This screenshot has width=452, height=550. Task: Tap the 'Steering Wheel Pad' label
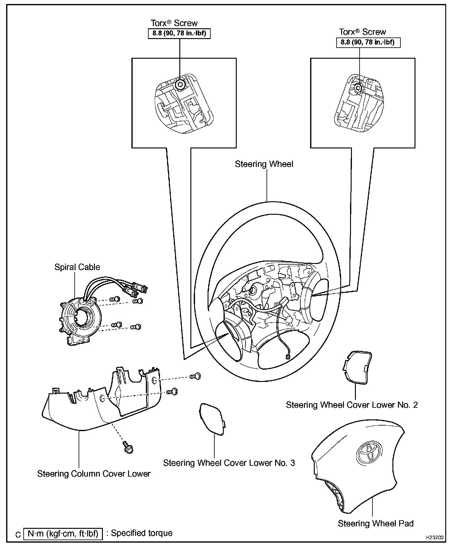click(x=376, y=523)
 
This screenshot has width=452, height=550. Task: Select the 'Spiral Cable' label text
click(x=77, y=267)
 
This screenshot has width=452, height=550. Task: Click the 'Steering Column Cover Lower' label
click(x=94, y=473)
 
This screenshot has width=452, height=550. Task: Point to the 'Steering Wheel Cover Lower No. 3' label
click(x=229, y=463)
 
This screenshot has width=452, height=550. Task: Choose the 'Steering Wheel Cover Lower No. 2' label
click(x=352, y=405)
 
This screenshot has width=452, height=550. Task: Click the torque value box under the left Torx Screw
click(x=179, y=33)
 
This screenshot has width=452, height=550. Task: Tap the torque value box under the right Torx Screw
click(x=368, y=42)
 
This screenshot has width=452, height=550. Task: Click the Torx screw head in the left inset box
click(x=179, y=85)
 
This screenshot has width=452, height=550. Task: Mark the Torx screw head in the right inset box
click(x=358, y=88)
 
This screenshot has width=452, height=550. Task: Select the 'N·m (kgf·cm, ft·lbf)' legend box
click(x=63, y=534)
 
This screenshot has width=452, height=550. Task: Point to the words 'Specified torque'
click(x=142, y=533)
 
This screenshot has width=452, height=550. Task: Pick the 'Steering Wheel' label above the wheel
click(x=264, y=164)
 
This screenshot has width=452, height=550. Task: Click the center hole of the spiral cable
click(x=82, y=318)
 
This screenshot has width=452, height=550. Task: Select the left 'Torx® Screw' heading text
click(x=174, y=23)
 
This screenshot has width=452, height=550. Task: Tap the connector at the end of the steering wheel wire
click(x=288, y=356)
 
